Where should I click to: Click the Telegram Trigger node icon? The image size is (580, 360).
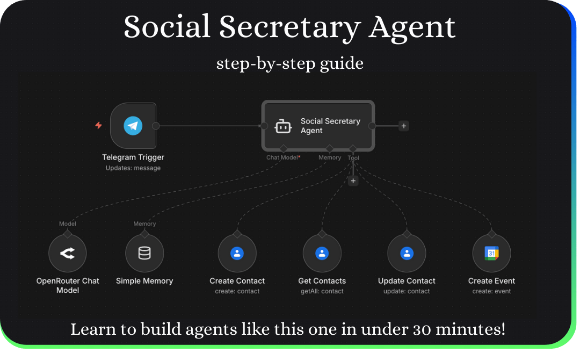[x=133, y=126]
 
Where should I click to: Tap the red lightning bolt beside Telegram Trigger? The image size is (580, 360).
[x=98, y=126]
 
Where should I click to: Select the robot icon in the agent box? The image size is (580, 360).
[x=283, y=126]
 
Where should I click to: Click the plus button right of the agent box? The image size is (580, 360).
[x=404, y=126]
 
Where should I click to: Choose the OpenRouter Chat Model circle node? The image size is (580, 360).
[x=68, y=253]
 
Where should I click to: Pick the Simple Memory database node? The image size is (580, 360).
[x=144, y=253]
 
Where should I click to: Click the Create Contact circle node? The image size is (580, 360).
[x=237, y=253]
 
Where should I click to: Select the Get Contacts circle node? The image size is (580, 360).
[x=322, y=253]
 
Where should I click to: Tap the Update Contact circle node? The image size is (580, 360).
[x=407, y=253]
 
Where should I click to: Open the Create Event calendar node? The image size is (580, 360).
[x=491, y=253]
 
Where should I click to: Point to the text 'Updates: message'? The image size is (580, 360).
[x=133, y=168]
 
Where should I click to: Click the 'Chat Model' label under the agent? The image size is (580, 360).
[x=282, y=157]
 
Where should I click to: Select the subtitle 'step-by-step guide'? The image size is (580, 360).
[x=290, y=63]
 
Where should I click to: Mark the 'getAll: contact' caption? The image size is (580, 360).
[x=322, y=291]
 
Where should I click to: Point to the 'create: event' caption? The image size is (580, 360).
[x=491, y=291]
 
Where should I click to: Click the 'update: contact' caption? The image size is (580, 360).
[x=407, y=291]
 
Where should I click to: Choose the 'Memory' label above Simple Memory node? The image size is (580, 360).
[x=144, y=224]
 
